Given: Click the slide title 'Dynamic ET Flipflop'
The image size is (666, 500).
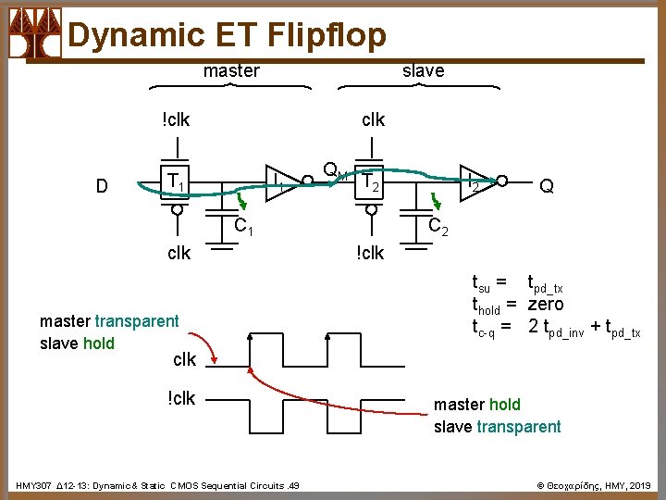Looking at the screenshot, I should pyautogui.click(x=227, y=34).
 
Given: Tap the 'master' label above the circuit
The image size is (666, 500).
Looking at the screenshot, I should pyautogui.click(x=231, y=70).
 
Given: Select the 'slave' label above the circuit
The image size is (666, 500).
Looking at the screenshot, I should pyautogui.click(x=423, y=70).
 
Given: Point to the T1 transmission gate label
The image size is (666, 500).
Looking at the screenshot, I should pyautogui.click(x=173, y=181).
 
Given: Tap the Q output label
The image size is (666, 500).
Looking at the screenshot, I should pyautogui.click(x=547, y=186).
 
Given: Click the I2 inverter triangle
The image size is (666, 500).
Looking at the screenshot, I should pyautogui.click(x=476, y=181).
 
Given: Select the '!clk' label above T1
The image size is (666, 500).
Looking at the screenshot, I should pyautogui.click(x=176, y=119).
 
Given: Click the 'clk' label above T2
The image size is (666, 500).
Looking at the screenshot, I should pyautogui.click(x=373, y=119).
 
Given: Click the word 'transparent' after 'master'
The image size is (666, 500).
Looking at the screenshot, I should pyautogui.click(x=137, y=321).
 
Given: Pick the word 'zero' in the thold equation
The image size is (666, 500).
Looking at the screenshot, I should pyautogui.click(x=546, y=305).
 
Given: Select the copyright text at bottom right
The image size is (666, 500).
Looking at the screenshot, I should pyautogui.click(x=593, y=485).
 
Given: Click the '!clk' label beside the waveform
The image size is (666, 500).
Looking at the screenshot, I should pyautogui.click(x=182, y=398).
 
